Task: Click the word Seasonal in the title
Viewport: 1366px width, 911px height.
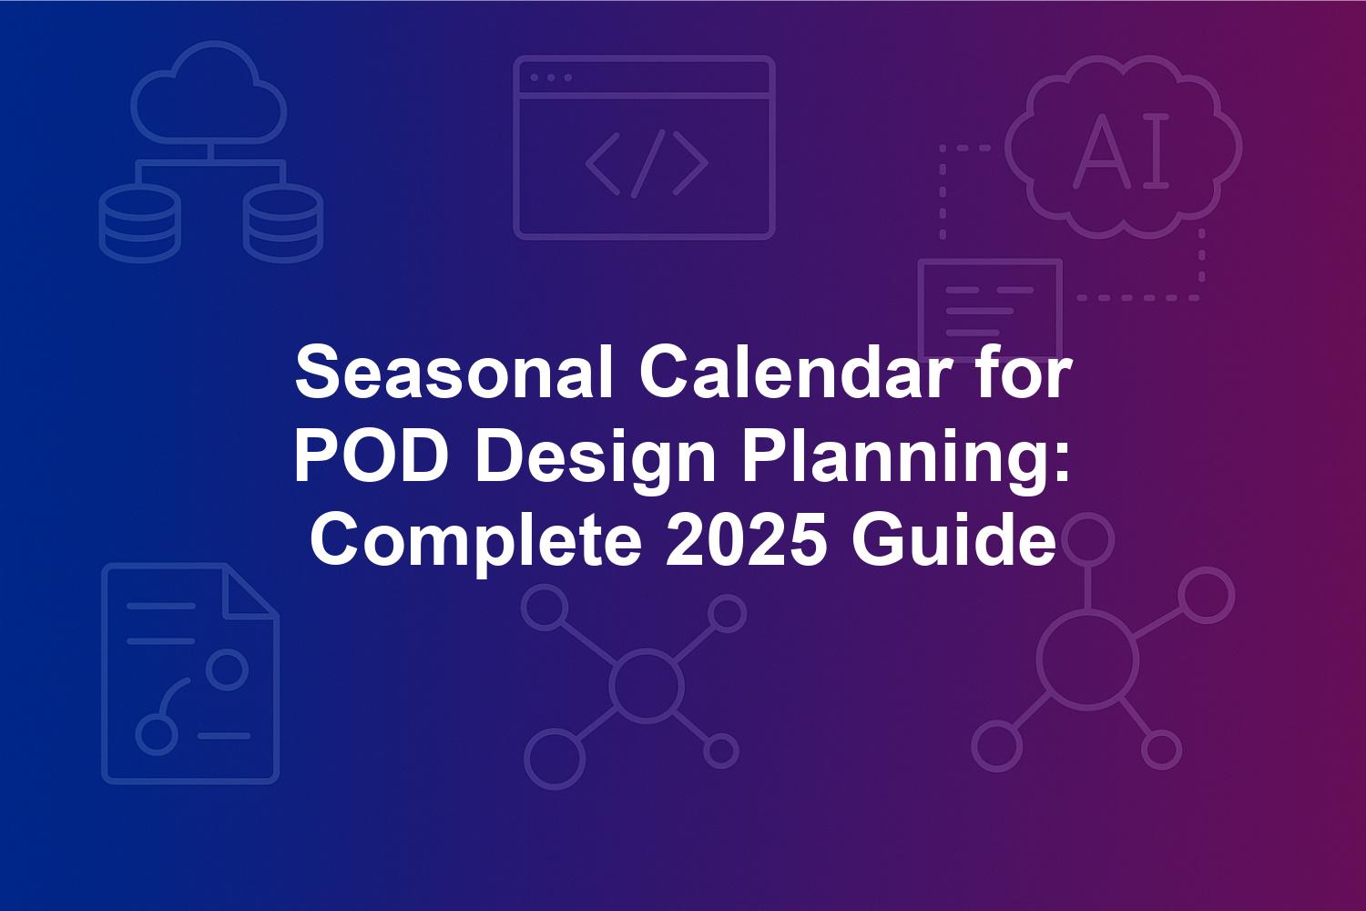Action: pyautogui.click(x=454, y=372)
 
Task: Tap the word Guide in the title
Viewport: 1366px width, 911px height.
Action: pyautogui.click(x=953, y=539)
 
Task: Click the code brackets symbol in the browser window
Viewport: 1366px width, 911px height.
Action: pyautogui.click(x=647, y=164)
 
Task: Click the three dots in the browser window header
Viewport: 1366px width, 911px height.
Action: pyautogui.click(x=551, y=77)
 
